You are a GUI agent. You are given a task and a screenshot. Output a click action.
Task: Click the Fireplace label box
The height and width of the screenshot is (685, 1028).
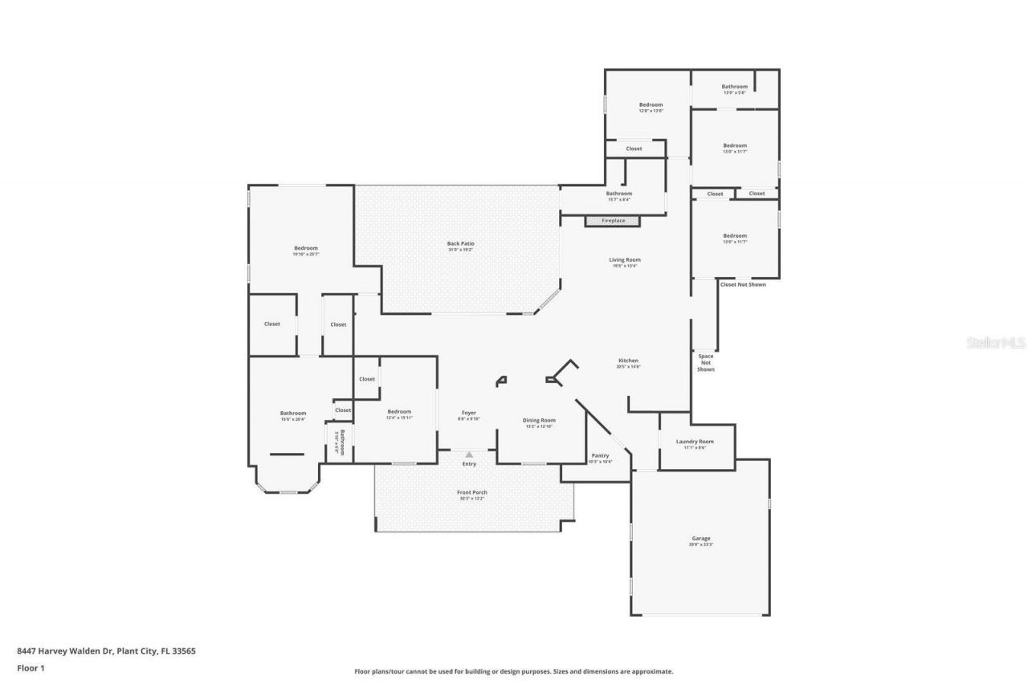(x=613, y=221)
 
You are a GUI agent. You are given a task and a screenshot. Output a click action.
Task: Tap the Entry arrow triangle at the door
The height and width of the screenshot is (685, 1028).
(x=469, y=455)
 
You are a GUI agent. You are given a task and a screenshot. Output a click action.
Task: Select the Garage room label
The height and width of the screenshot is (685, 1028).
(x=701, y=539)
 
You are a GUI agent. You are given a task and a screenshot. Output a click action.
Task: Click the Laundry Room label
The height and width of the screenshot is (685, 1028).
(x=695, y=442)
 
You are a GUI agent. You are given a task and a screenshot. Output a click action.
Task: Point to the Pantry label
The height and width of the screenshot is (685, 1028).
(x=600, y=455)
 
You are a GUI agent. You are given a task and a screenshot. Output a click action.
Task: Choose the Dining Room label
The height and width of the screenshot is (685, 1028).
(x=539, y=420)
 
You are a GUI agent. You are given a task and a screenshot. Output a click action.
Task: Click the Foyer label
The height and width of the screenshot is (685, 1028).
(x=468, y=413)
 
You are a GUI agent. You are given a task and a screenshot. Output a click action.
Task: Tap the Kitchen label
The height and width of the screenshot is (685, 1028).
(x=628, y=361)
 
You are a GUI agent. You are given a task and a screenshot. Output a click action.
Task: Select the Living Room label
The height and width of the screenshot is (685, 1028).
(x=624, y=259)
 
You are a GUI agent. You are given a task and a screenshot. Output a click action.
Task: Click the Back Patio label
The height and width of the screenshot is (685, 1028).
(x=460, y=243)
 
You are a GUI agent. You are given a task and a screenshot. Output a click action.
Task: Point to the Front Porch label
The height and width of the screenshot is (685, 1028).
(x=473, y=492)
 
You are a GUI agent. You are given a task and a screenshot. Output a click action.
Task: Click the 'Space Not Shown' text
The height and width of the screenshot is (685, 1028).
(x=705, y=362)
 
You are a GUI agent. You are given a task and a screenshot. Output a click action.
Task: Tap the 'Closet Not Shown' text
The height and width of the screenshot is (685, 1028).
(x=743, y=284)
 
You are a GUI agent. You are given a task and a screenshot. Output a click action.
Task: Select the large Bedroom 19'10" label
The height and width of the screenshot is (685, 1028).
(x=306, y=248)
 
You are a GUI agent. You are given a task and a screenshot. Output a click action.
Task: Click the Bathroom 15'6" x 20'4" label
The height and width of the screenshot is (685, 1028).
(x=293, y=414)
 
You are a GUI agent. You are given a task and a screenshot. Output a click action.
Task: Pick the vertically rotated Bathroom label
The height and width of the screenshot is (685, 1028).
(x=342, y=442)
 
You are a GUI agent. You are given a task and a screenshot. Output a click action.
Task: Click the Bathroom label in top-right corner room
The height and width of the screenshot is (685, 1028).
(x=734, y=87)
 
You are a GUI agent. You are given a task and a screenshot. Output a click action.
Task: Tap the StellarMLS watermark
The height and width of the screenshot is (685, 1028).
(x=996, y=343)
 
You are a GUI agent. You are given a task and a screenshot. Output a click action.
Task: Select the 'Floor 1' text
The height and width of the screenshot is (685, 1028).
(x=31, y=667)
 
